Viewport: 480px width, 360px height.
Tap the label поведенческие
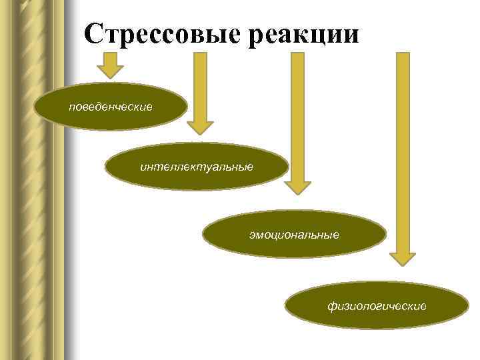[111, 107]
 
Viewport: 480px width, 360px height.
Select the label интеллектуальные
[197, 166]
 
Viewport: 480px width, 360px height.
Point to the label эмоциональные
[294, 235]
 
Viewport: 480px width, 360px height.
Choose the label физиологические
[377, 306]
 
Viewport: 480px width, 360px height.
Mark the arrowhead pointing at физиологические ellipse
[403, 257]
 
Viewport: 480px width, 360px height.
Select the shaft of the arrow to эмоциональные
[297, 113]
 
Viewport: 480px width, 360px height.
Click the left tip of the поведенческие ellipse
[35, 107]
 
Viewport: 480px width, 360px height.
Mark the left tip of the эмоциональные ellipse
[203, 235]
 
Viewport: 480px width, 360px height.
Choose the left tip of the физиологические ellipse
[286, 306]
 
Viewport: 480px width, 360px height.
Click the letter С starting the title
[95, 34]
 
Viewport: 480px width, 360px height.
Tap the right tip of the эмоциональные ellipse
[386, 235]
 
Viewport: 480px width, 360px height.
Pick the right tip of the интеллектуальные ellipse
[289, 167]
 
